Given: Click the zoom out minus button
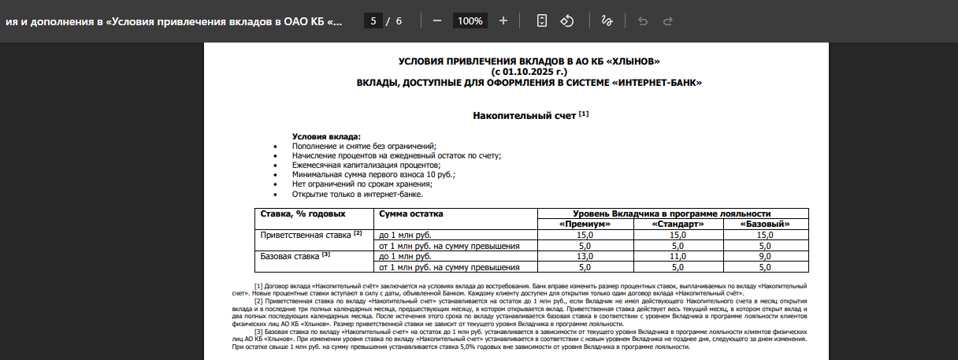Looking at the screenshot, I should point(437,20).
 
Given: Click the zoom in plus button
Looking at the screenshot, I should point(503,20).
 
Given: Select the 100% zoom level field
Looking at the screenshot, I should point(470,20).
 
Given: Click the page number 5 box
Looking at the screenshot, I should point(374,20).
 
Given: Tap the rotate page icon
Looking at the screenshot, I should point(566,20).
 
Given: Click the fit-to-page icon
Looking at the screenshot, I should point(541,20).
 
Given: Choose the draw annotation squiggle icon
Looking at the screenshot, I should point(607,20).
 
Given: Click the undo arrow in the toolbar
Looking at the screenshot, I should point(643,20).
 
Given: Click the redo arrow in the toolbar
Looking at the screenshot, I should point(668,20).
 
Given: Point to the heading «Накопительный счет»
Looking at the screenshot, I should point(525,116).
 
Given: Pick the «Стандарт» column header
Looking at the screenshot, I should point(678,225).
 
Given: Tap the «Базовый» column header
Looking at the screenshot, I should point(764,225).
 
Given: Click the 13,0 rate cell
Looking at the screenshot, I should point(585,256).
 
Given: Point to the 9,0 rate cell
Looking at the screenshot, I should point(764,256).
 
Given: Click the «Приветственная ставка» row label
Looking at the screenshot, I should point(306,235).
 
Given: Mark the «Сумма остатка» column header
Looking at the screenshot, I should point(411,213).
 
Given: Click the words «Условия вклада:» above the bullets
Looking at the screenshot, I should point(326,137).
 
